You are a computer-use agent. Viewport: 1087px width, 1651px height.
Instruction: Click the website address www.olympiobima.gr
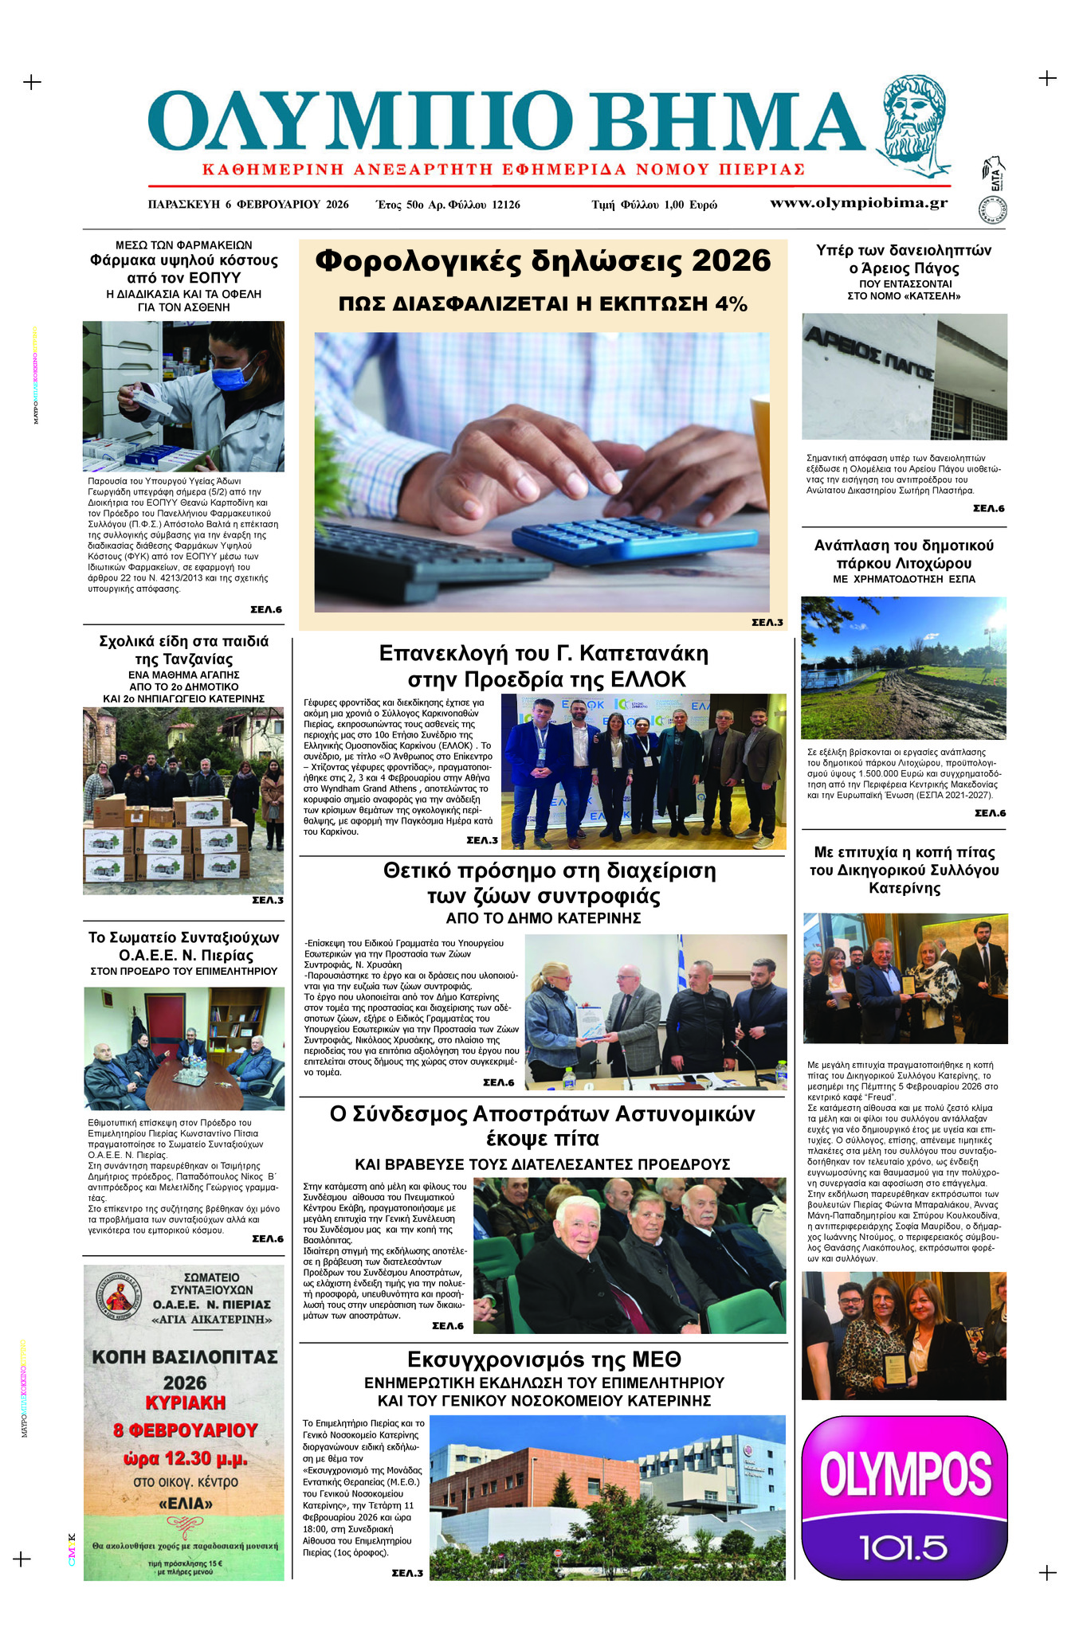(858, 202)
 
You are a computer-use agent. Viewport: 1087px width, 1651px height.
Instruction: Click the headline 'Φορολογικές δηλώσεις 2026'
(543, 261)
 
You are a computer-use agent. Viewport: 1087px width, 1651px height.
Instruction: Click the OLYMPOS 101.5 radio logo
(904, 1496)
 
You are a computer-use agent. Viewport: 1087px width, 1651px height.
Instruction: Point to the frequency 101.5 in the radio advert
(904, 1547)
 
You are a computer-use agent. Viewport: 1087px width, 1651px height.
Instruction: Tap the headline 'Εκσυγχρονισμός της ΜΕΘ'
(543, 1358)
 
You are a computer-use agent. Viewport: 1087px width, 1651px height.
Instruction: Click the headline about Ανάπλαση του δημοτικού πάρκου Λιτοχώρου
(904, 554)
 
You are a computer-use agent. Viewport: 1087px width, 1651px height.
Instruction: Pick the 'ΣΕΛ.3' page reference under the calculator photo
(767, 622)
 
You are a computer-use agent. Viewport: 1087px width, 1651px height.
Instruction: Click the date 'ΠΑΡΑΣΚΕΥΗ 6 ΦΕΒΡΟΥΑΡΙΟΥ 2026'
(248, 205)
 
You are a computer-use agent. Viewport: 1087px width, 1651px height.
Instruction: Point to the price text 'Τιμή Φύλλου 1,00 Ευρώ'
(653, 205)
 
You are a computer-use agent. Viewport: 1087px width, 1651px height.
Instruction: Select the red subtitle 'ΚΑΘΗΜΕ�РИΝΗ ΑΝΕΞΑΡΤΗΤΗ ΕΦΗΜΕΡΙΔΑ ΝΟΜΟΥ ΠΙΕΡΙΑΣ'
(503, 170)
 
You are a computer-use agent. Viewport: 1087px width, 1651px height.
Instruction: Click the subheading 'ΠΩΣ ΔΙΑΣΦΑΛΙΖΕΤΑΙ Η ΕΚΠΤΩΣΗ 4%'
(543, 303)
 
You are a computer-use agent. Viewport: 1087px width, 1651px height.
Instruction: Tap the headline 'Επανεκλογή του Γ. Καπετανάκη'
(543, 654)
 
